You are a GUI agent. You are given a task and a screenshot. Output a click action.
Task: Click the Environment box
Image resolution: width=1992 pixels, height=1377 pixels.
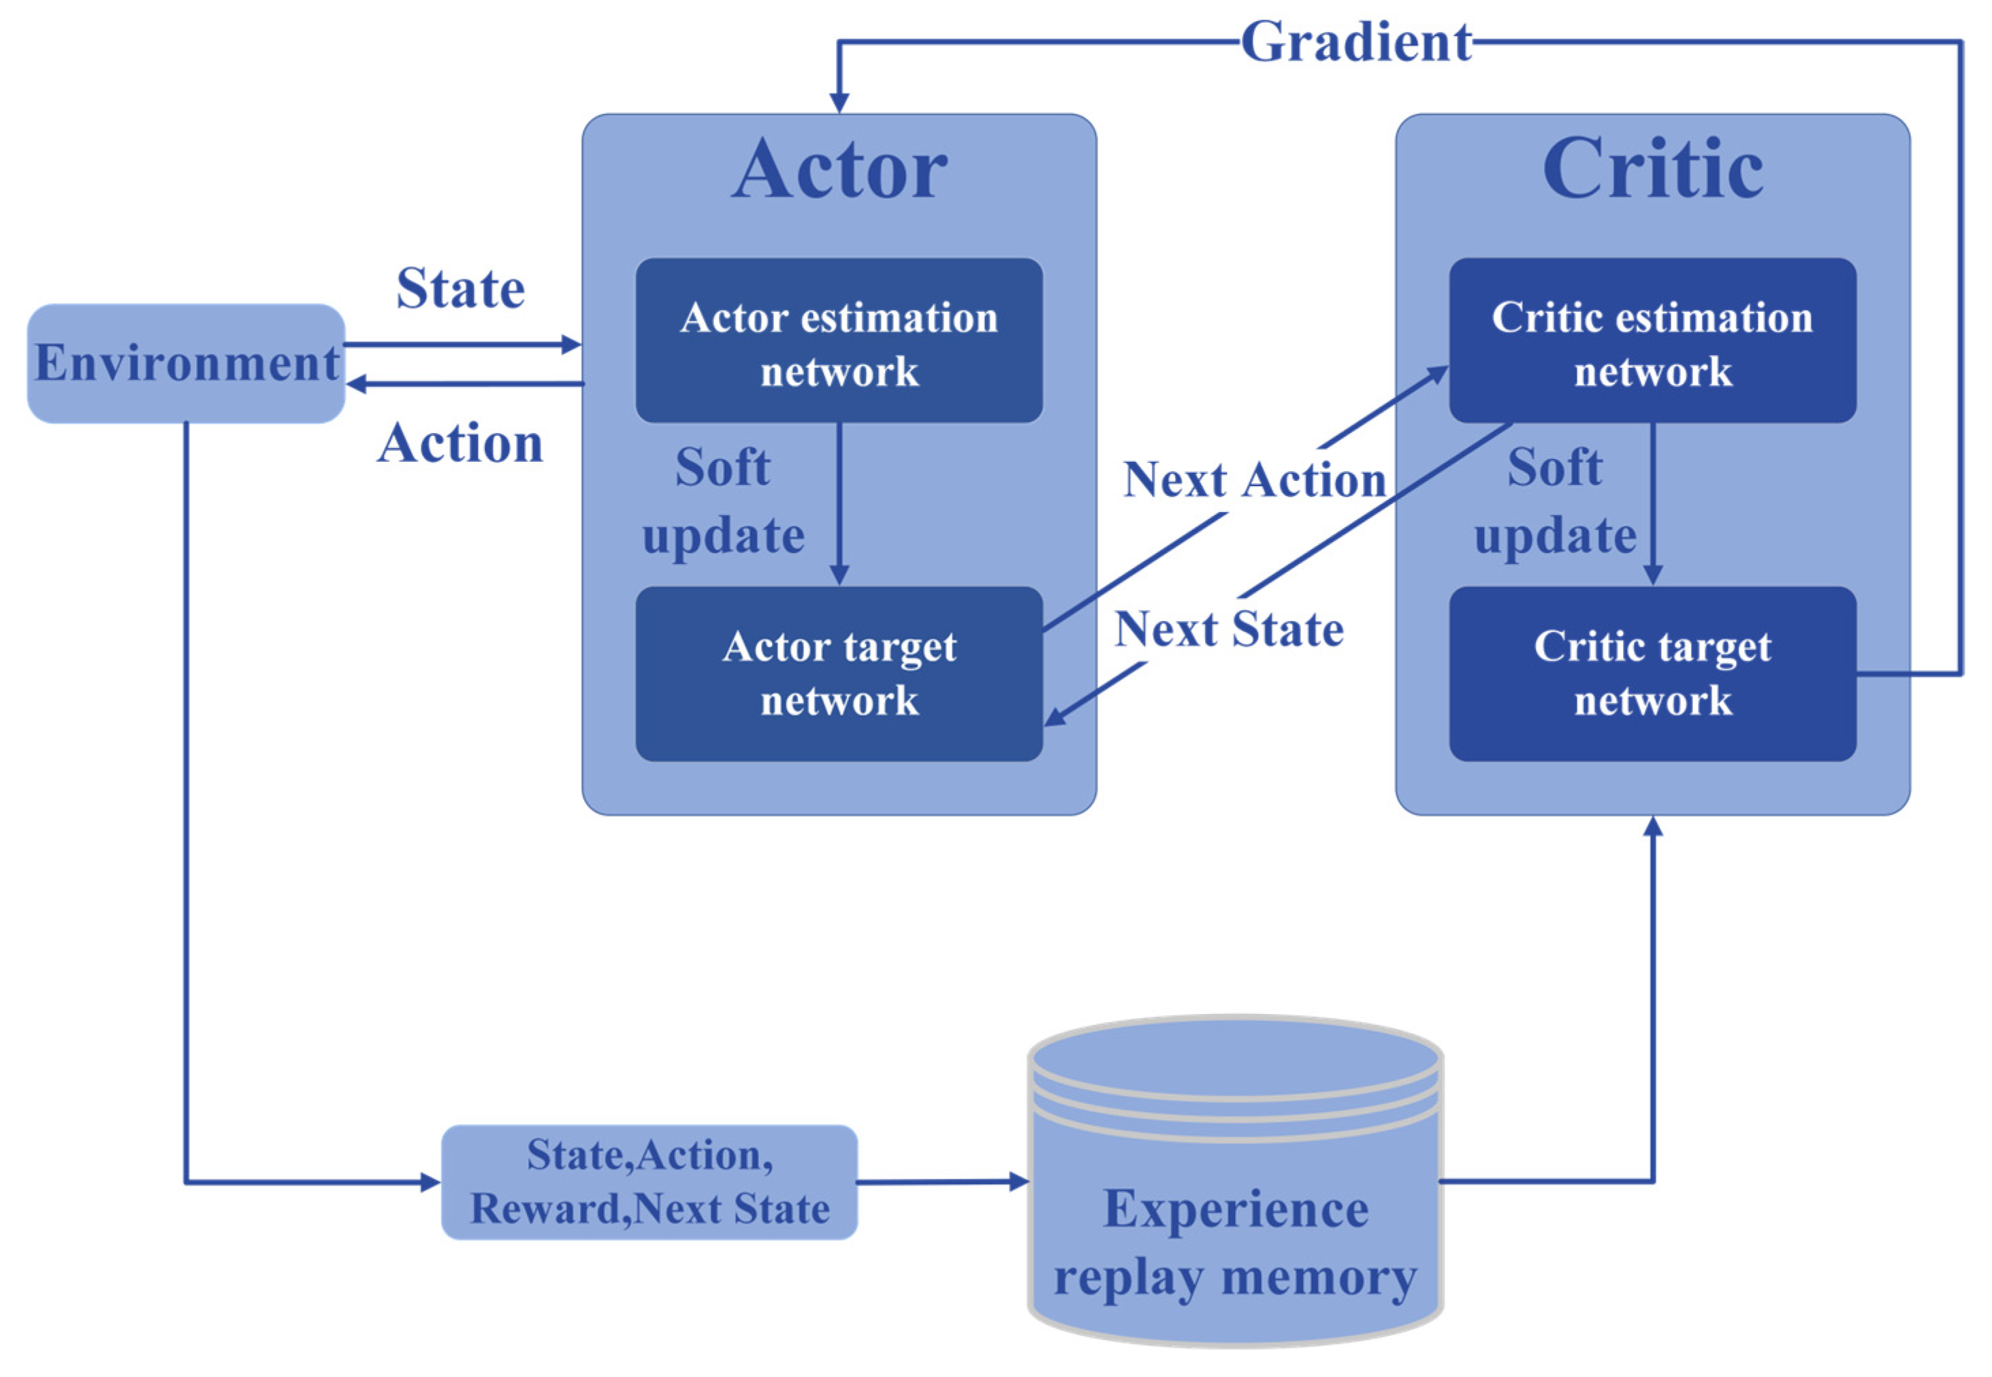click(185, 362)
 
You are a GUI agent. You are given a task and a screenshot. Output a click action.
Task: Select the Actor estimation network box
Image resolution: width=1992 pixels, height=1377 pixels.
click(838, 341)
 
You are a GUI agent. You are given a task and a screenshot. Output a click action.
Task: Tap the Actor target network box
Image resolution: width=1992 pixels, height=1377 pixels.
click(838, 673)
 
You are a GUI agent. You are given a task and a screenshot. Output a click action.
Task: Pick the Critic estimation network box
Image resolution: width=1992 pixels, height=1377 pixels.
click(1652, 341)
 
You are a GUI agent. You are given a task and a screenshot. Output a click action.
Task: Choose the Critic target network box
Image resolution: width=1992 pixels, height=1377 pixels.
click(1652, 673)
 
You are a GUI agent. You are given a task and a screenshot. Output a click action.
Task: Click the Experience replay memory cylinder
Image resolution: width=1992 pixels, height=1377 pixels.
click(1235, 1208)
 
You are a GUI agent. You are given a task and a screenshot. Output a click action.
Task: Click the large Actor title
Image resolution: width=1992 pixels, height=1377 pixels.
click(838, 170)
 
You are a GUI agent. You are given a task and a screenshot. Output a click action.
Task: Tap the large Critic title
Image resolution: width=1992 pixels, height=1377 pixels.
click(1652, 170)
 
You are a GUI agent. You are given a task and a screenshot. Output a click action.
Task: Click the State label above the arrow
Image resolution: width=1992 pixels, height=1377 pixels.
click(460, 288)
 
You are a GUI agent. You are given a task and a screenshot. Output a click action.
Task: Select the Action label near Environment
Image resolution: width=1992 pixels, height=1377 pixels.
click(460, 443)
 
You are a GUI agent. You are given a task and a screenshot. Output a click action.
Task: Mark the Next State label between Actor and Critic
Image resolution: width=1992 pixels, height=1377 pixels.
click(1228, 629)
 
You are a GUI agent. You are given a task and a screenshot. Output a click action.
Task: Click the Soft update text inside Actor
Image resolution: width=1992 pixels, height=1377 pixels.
click(722, 501)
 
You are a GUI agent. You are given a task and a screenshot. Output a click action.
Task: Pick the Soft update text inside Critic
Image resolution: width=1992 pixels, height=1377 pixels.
click(1554, 501)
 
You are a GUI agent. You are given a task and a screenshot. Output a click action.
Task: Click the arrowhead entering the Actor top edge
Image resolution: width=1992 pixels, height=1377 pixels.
click(839, 104)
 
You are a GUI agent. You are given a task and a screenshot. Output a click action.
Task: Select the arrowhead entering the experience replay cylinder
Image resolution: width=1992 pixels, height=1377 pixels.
click(1019, 1181)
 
